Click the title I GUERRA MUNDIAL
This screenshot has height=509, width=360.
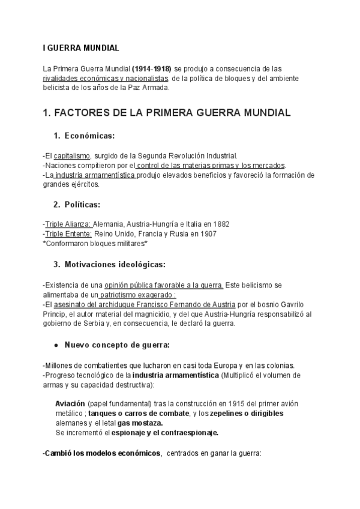point(81,47)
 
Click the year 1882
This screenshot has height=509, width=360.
point(219,224)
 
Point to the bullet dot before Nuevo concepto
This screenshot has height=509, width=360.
point(56,345)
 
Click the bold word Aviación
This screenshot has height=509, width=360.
point(70,404)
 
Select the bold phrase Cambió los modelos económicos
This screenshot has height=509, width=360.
point(102,453)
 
